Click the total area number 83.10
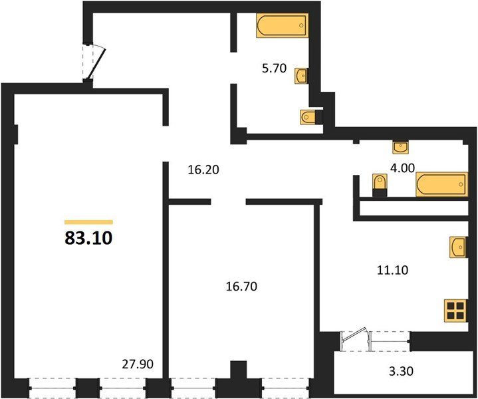pos(88,238)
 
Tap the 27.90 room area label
pos(138,364)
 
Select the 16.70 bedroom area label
pos(241,286)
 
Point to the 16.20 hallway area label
pos(203,170)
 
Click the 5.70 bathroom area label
pos(275,68)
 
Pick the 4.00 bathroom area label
pos(403,168)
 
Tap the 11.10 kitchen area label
pos(393,270)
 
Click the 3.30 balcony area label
pos(401,371)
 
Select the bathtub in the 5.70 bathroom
pos(282,25)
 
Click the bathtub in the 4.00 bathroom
pos(441,184)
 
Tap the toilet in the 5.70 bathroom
pos(311,117)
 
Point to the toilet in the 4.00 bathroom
pos(380,185)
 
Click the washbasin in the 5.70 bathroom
pos(301,76)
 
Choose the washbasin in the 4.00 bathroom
pos(401,148)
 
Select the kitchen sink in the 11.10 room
pos(458,247)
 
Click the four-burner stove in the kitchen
pos(455,311)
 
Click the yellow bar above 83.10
pos(88,222)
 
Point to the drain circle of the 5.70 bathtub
pos(302,25)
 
